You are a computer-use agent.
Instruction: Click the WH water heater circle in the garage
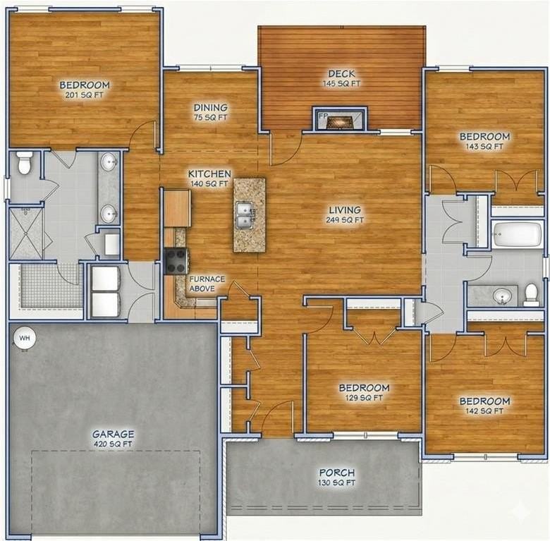(x=25, y=338)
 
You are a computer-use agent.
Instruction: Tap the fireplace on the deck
(x=341, y=121)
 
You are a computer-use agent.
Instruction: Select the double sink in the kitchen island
(x=245, y=214)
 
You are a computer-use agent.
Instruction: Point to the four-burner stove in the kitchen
(x=176, y=260)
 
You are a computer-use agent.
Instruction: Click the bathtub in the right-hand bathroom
(x=517, y=234)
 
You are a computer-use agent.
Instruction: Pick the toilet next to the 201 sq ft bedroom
(x=25, y=163)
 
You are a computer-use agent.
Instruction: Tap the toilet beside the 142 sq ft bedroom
(x=531, y=293)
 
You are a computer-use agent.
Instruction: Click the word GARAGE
(x=113, y=434)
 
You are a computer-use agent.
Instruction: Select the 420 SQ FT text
(x=113, y=444)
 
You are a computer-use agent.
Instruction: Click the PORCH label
(x=336, y=473)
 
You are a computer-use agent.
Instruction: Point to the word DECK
(x=341, y=74)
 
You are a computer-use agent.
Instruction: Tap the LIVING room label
(x=344, y=209)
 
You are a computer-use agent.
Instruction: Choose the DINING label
(x=210, y=108)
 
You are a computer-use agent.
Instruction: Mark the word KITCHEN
(x=209, y=174)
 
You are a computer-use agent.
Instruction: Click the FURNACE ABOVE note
(x=207, y=284)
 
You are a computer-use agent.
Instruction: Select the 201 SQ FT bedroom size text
(x=85, y=95)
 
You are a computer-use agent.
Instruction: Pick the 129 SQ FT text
(x=364, y=398)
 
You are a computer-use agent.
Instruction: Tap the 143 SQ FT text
(x=484, y=147)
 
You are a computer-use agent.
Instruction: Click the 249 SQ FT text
(x=344, y=220)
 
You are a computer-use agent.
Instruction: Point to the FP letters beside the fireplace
(x=323, y=115)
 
